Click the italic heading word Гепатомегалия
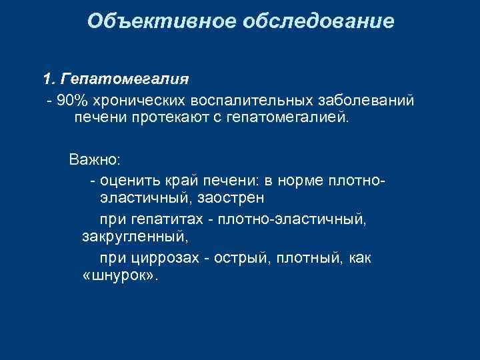pyautogui.click(x=124, y=80)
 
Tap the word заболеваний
pyautogui.click(x=366, y=100)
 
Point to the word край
pyautogui.click(x=179, y=181)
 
